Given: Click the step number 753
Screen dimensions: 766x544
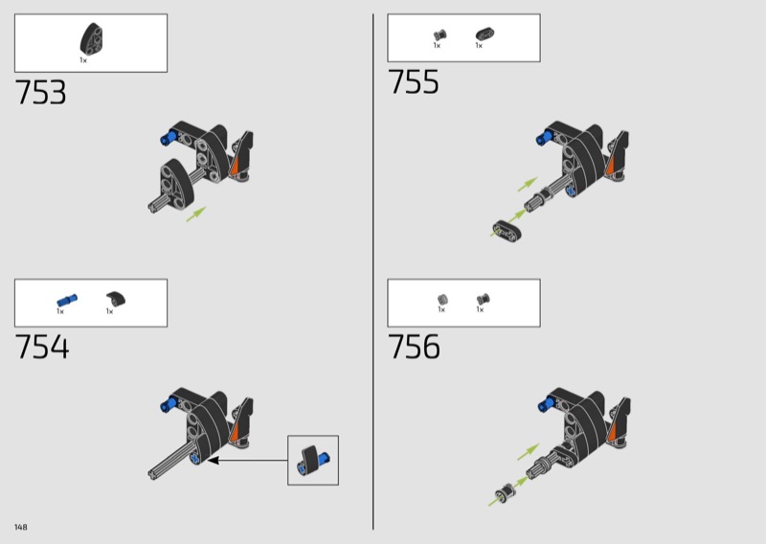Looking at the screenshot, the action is [40, 92].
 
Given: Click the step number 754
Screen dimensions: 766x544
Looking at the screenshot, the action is [42, 347].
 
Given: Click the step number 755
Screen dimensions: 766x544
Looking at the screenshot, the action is [414, 81].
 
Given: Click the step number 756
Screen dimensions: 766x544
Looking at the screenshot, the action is [414, 347].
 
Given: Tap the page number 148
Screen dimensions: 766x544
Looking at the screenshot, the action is [20, 527].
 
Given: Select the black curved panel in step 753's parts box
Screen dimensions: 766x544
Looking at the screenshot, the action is [92, 38].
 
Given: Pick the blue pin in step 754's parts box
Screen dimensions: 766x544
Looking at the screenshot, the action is [67, 300].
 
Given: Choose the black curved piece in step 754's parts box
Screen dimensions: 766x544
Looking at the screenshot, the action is [116, 299].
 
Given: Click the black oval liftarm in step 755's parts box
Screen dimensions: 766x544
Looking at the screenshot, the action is [484, 34].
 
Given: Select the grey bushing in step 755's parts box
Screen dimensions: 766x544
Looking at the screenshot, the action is [439, 34].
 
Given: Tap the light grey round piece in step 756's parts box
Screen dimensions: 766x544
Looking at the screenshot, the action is [442, 299].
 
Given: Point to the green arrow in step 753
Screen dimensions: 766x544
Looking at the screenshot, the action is [196, 215].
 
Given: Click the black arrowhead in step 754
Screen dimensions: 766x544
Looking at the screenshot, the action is [213, 460].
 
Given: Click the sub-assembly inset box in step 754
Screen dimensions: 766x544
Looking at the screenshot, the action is [313, 460].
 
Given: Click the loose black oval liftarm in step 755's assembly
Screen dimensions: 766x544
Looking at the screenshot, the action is [507, 231].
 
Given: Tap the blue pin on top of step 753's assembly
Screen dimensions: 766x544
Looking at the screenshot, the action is [169, 137].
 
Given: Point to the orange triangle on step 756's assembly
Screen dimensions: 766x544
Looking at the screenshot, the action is [613, 431].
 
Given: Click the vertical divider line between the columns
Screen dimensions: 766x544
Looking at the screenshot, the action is [372, 272].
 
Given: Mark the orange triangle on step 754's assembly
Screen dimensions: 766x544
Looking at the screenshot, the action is [235, 430].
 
